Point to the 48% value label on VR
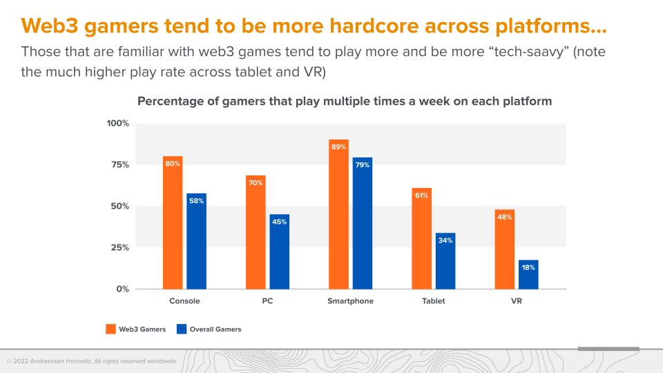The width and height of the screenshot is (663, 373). coord(505,216)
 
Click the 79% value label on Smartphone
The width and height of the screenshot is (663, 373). coord(363,165)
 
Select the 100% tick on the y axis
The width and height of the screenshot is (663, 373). coord(117,123)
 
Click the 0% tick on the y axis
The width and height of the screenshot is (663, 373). coord(122,289)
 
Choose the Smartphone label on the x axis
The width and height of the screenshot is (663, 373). coord(350,301)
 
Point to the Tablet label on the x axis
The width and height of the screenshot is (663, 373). coord(433,301)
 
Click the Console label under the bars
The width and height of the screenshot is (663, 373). coord(184,301)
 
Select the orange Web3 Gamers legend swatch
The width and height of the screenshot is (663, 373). coord(110,329)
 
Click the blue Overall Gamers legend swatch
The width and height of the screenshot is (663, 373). coord(182,329)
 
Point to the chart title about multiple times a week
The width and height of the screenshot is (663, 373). coord(345,101)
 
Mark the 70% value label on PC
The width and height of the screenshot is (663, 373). coord(256,183)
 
